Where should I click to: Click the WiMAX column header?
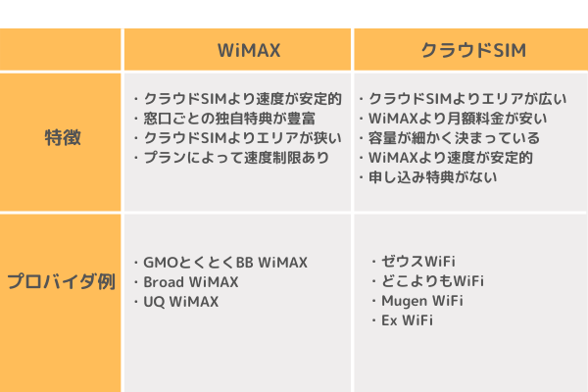(x=249, y=50)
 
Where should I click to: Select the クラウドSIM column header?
(x=473, y=50)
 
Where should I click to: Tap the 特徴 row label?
(x=63, y=137)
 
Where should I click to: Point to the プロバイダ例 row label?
(x=61, y=281)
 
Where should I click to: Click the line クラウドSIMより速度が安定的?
(x=243, y=99)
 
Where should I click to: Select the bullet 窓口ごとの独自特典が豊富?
(x=229, y=119)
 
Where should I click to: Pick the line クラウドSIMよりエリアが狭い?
(x=243, y=138)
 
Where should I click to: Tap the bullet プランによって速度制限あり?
(x=236, y=158)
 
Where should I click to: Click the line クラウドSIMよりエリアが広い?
(x=467, y=99)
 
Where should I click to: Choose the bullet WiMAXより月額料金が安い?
(x=458, y=119)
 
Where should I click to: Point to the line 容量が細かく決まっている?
(x=454, y=138)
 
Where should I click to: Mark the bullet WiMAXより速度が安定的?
(x=451, y=158)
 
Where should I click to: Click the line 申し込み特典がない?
(x=433, y=177)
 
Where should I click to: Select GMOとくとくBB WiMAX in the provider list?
(x=225, y=263)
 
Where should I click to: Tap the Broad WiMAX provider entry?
(x=191, y=282)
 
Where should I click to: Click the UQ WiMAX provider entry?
(x=181, y=302)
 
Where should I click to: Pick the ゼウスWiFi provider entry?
(x=418, y=262)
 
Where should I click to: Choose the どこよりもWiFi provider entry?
(x=433, y=281)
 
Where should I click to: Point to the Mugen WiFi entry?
(x=422, y=301)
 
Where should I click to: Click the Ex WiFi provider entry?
(x=408, y=320)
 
